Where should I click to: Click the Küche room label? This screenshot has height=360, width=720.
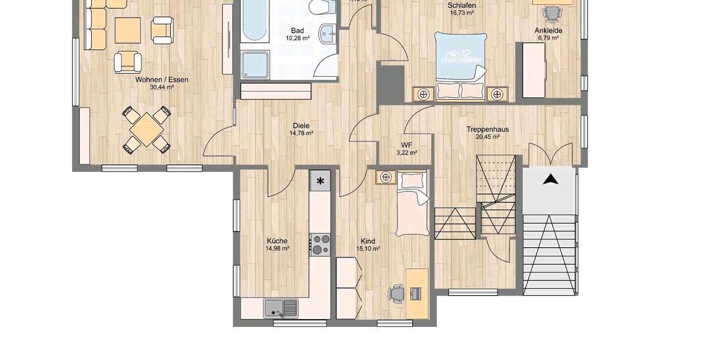pyautogui.click(x=277, y=241)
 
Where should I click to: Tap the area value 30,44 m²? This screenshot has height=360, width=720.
pyautogui.click(x=161, y=87)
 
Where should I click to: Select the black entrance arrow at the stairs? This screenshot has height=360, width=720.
pyautogui.click(x=550, y=178)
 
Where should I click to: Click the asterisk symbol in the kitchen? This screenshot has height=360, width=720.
pyautogui.click(x=320, y=181)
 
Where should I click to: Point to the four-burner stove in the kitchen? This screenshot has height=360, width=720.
pyautogui.click(x=320, y=245)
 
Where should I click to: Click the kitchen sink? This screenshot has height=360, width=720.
pyautogui.click(x=281, y=308)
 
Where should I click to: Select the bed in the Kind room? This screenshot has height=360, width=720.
pyautogui.click(x=412, y=205)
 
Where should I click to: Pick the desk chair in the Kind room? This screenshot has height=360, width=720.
pyautogui.click(x=397, y=293)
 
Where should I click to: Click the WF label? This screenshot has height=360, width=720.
pyautogui.click(x=407, y=145)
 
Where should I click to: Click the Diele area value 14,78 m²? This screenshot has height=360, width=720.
pyautogui.click(x=301, y=133)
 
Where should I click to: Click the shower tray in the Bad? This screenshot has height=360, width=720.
pyautogui.click(x=256, y=64)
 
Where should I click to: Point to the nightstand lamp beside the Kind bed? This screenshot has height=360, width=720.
pyautogui.click(x=385, y=176)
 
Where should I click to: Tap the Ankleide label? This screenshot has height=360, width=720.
pyautogui.click(x=548, y=30)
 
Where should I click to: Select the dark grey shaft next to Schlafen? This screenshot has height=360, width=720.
pyautogui.click(x=391, y=83)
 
